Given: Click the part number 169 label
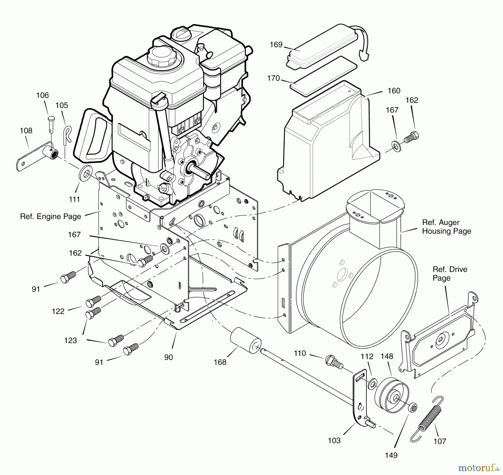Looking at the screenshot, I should pos(276,45).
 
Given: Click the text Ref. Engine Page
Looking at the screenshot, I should pos(51,216).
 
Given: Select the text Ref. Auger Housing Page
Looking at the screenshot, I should pos(446,227).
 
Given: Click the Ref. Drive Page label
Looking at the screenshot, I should pos(450,273).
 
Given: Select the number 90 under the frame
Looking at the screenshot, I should pos(169,357).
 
